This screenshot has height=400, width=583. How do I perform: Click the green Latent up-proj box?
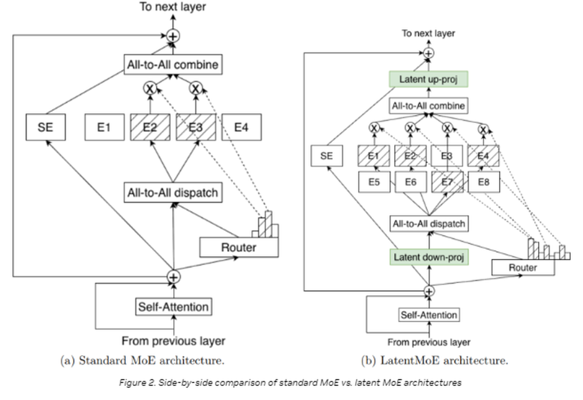429,79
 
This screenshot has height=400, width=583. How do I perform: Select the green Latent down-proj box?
429,257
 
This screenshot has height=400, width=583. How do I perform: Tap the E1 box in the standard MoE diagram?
104,127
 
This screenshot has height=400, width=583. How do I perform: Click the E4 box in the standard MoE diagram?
241,127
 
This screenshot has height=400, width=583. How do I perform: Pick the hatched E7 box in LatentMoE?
447,182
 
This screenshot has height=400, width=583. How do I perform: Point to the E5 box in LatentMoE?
374,182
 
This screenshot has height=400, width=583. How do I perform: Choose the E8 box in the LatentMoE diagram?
484,182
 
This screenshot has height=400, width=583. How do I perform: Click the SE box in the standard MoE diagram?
45,127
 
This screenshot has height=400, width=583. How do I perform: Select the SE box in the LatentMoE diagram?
327,156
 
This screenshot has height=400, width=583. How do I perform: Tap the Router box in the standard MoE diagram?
238,247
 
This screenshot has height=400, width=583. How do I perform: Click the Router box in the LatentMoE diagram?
523,267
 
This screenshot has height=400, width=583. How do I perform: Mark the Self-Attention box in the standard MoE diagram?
174,307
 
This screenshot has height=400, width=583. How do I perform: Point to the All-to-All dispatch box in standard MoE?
173,192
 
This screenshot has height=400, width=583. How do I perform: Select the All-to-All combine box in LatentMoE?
429,106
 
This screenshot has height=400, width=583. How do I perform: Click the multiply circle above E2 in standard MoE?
150,89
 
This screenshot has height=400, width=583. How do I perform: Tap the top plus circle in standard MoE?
173,36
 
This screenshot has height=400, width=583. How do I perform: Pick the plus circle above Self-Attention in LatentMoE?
429,291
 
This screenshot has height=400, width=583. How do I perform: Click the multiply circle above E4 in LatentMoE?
483,129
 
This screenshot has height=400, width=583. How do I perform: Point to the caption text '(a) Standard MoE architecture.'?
142,360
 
